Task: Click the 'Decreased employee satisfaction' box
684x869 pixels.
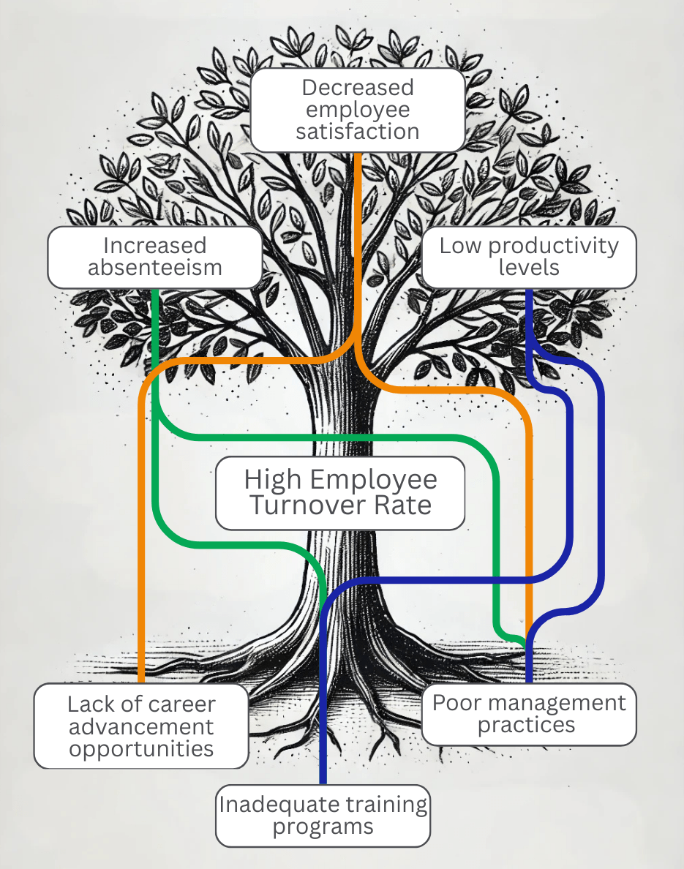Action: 358,110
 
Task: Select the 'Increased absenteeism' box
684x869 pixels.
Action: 155,257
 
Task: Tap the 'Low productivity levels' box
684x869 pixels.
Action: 529,257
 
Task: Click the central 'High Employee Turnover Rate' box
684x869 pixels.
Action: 340,493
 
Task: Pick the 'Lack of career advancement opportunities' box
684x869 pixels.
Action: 141,726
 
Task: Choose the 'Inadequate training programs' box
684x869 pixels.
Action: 323,816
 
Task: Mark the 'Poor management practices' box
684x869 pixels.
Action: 529,714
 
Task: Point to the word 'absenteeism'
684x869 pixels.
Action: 155,268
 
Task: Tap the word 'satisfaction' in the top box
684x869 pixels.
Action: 358,132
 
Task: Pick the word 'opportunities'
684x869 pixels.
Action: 141,748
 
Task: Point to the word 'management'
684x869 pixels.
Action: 557,704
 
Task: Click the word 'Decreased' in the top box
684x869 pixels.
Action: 358,88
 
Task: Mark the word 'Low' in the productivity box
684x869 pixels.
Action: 457,246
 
